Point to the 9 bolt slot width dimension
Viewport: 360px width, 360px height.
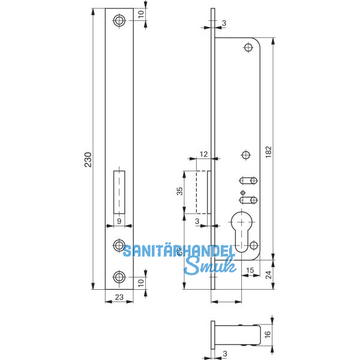119,221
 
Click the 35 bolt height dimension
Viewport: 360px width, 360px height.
179,191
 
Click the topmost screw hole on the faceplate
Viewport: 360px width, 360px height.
119,21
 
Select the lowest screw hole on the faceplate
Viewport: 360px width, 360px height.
119,277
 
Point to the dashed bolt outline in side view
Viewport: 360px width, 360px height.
203,191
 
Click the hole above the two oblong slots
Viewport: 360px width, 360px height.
245,156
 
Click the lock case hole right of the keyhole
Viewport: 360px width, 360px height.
254,245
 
